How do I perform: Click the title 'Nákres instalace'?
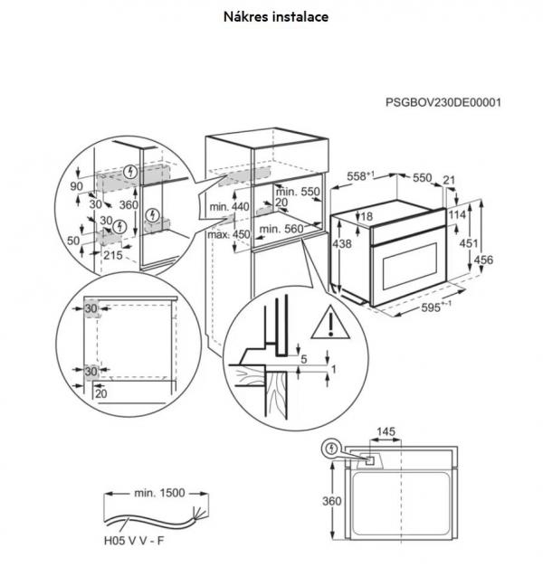tap(276, 17)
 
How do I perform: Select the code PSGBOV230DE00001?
tap(443, 102)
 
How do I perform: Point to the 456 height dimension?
tap(483, 260)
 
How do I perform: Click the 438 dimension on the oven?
tap(342, 243)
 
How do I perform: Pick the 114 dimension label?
tap(457, 214)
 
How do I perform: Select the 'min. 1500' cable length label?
tap(159, 493)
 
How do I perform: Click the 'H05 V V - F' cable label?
tap(134, 541)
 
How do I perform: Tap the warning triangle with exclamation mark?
tap(330, 323)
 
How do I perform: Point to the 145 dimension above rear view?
tap(386, 431)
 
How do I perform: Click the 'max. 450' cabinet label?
tap(228, 235)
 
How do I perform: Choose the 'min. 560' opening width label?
tap(281, 229)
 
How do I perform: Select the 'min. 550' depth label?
tap(298, 192)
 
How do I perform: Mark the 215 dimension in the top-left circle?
tap(113, 255)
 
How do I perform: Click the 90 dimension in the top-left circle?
tap(77, 186)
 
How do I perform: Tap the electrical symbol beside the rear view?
tap(331, 449)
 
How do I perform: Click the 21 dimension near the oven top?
tap(449, 180)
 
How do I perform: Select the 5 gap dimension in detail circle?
tap(304, 359)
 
